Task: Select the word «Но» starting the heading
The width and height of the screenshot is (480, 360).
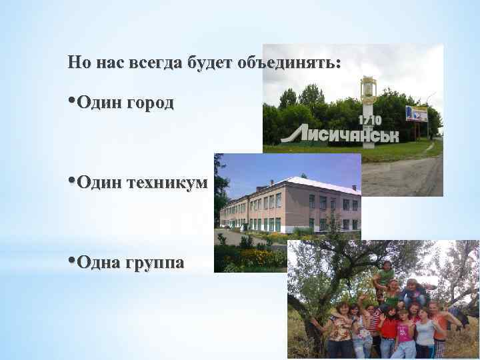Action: point(79,63)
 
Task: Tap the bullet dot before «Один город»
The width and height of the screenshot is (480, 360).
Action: point(71,101)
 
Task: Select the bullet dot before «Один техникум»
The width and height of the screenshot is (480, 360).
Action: point(71,181)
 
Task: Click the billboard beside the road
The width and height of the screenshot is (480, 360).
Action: point(417,113)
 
